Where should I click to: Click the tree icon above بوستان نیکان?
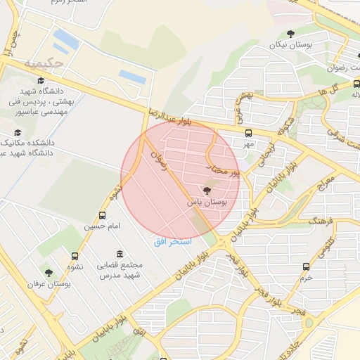point(290,33)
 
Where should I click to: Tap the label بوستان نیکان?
point(290,45)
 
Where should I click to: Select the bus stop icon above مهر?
point(247,132)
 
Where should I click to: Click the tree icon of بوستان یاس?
point(207,190)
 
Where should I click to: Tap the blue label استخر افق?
point(168,241)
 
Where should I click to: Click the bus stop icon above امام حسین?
point(103,215)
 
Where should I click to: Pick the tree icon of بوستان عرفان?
point(49,272)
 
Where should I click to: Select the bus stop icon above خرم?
point(305,266)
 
